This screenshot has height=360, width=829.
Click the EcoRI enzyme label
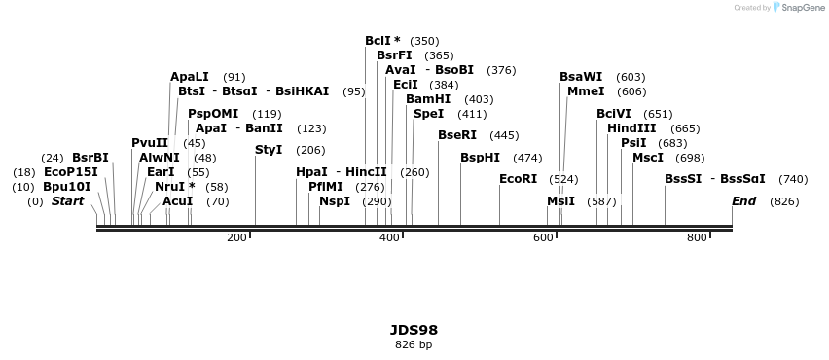(518, 179)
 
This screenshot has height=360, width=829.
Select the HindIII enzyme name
(631, 128)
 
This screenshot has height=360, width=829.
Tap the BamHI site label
(428, 99)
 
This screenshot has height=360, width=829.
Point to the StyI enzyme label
(269, 150)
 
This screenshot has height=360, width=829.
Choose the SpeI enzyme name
(428, 114)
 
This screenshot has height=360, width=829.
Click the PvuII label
(150, 143)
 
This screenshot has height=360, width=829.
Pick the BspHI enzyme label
(480, 158)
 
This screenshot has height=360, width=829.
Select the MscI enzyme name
(648, 158)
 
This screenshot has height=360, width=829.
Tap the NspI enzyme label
(335, 201)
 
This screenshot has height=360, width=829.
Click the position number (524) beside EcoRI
(563, 179)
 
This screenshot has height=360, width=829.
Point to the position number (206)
(310, 150)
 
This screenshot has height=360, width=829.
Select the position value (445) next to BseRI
(504, 135)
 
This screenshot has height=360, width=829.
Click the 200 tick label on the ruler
(236, 237)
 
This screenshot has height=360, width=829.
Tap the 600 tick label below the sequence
(543, 237)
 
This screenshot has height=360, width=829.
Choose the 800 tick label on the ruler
(697, 237)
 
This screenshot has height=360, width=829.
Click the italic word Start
(67, 201)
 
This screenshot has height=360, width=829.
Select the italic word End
(744, 201)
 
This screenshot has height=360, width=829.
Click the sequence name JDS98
(414, 330)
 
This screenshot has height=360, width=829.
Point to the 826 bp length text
(414, 344)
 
